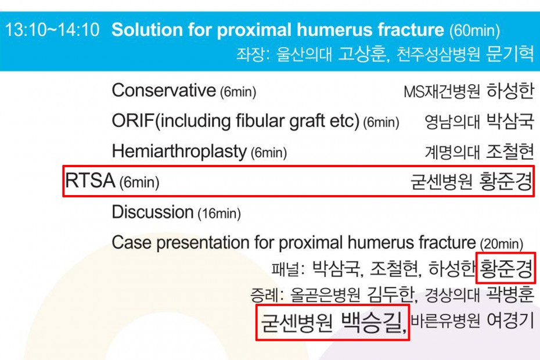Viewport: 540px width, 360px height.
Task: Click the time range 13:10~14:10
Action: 52,30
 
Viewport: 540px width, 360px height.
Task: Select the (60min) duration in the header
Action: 474,31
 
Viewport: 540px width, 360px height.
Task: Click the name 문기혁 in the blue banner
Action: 510,54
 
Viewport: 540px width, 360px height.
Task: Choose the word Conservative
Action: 164,91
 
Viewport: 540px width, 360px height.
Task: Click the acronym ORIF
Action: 133,121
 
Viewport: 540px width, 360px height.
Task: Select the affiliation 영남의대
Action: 452,122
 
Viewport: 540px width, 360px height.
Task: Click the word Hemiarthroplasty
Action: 179,152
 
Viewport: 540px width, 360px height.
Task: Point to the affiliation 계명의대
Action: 452,152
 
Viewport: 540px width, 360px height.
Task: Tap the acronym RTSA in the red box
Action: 90,181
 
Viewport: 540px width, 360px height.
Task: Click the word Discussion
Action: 152,212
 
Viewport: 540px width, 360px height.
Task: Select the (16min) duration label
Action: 219,214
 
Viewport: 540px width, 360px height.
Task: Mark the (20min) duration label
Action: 502,244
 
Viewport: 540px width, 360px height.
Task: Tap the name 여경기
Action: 510,321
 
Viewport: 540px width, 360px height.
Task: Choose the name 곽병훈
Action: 510,295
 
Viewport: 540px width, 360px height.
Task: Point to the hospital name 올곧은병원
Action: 325,295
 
